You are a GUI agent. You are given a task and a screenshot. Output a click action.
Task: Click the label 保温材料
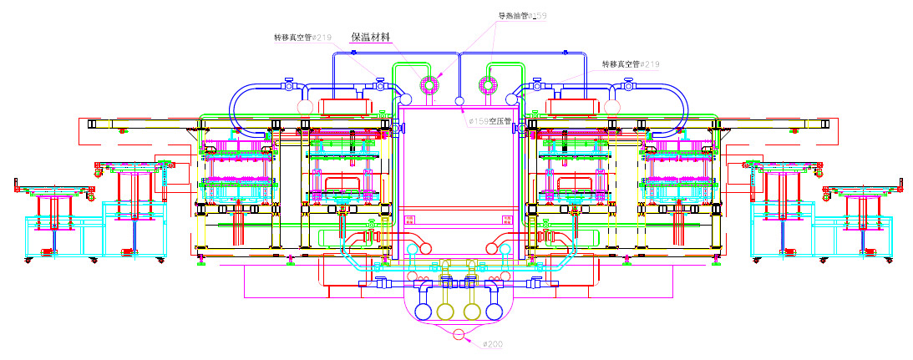[371, 37]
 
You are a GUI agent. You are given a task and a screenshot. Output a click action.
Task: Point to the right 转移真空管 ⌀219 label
[631, 63]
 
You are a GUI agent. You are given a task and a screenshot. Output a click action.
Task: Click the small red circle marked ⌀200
[459, 335]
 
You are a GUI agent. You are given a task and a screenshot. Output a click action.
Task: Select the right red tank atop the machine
[574, 107]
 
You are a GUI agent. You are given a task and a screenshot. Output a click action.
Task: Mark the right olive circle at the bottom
[472, 312]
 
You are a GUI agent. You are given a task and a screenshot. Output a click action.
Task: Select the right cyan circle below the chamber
[505, 248]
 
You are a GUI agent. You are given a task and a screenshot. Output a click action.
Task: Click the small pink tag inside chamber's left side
[409, 220]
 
